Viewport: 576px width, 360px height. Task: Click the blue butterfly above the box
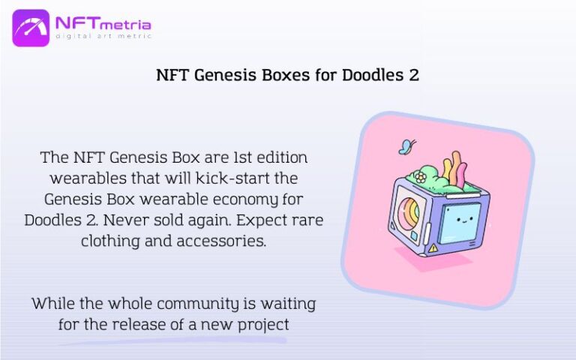(x=407, y=145)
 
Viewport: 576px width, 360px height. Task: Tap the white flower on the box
(x=421, y=178)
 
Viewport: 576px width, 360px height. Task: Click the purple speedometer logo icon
(x=31, y=28)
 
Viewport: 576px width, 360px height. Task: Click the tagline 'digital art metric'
(x=103, y=36)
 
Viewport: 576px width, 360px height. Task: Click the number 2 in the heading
(x=414, y=76)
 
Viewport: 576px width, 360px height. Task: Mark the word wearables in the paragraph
(x=83, y=179)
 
